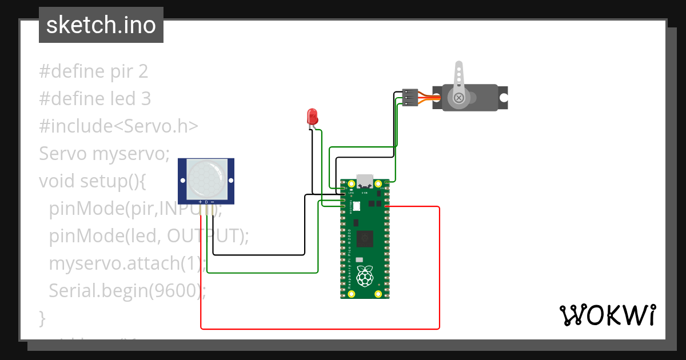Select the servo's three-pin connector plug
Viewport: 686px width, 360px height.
(410, 97)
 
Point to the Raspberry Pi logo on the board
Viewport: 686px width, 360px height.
(364, 277)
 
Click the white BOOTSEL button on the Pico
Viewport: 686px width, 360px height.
(356, 206)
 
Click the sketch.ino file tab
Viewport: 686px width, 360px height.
(101, 25)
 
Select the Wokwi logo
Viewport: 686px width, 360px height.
(607, 315)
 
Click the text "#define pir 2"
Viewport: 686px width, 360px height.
(94, 71)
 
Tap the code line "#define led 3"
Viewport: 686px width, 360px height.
(95, 99)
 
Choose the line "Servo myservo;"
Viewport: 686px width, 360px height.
(105, 154)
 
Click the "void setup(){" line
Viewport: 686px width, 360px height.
(93, 181)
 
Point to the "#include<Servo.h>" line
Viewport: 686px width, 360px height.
(118, 126)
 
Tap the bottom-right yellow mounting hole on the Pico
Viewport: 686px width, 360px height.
(378, 294)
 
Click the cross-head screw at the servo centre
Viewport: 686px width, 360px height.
(458, 98)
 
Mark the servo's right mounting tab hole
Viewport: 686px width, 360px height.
(503, 98)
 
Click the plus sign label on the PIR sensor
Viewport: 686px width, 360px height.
(200, 202)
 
